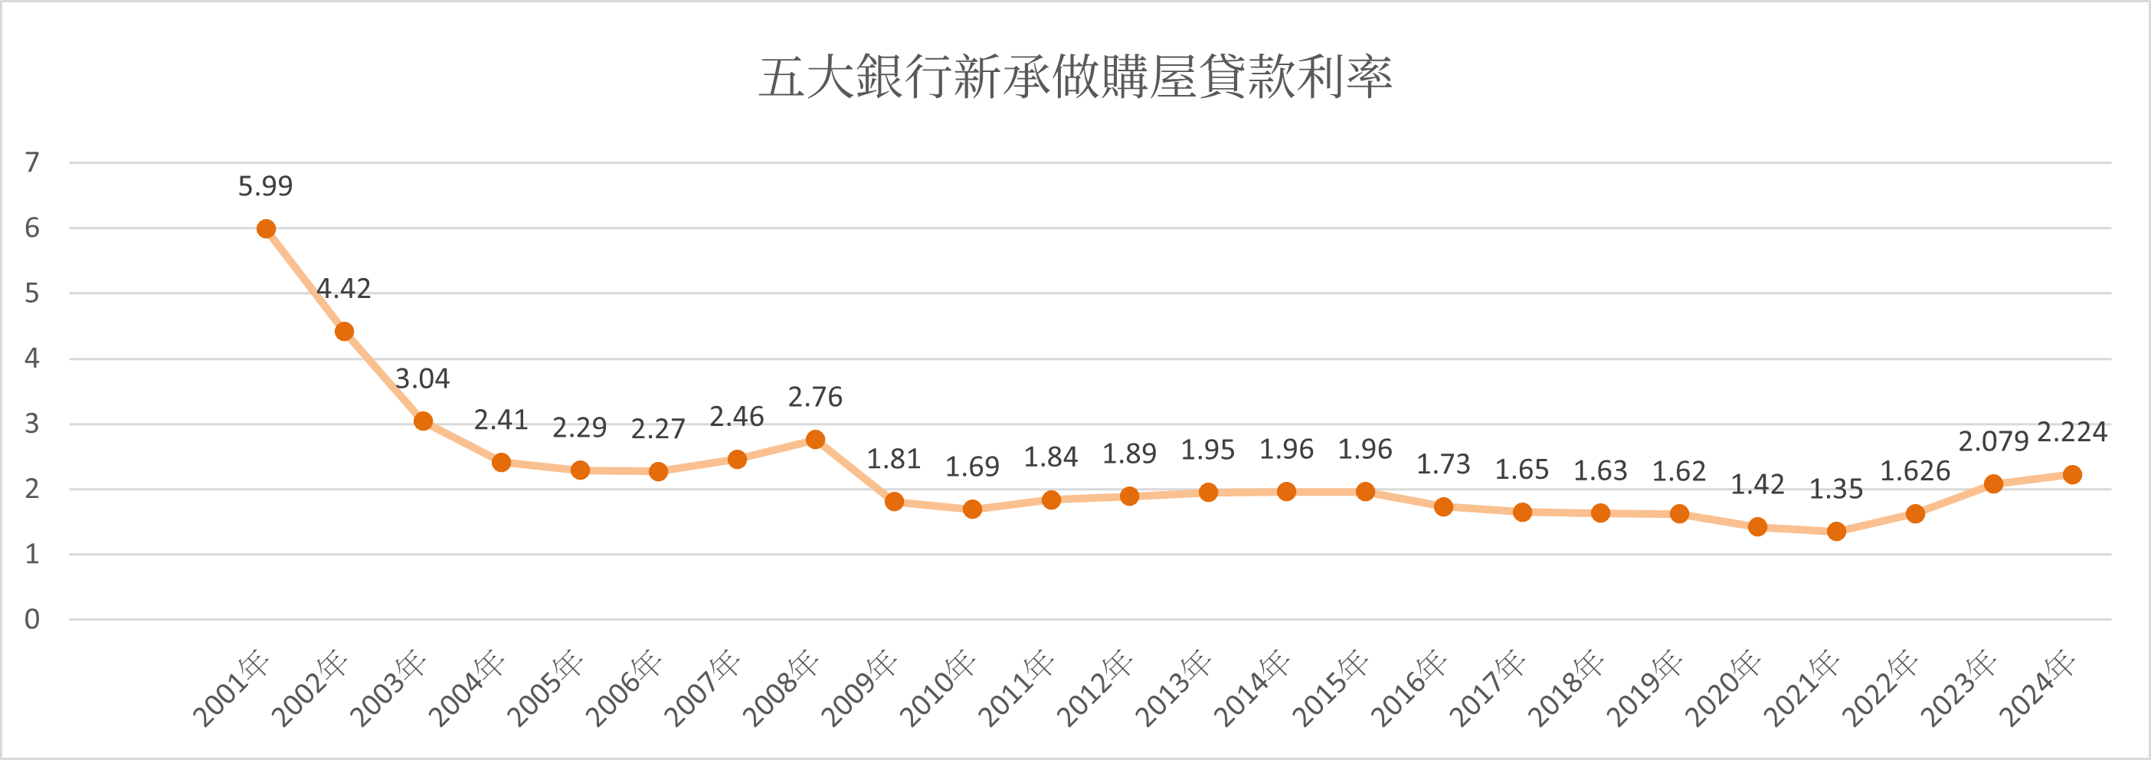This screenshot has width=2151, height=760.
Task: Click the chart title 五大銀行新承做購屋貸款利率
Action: [x=1075, y=77]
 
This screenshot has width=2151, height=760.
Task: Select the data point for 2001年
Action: [x=267, y=229]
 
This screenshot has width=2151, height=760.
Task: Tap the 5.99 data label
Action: [x=266, y=186]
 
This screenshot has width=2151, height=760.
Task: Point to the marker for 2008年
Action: [x=816, y=439]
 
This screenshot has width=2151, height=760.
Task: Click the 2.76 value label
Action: [x=816, y=397]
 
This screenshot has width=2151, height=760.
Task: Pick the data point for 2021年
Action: [x=1836, y=531]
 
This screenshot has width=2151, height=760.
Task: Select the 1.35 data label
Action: [x=1836, y=489]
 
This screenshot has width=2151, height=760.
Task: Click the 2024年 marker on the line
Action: [x=2071, y=474]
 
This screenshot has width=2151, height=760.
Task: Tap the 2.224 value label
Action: [x=2071, y=432]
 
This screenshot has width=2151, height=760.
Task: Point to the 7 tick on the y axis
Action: [x=31, y=162]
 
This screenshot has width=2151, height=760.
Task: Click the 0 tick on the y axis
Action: [x=31, y=619]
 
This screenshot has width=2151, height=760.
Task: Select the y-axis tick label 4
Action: [x=31, y=359]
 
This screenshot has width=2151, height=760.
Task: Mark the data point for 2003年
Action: [x=424, y=421]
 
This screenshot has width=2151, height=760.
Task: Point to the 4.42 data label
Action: [x=343, y=289]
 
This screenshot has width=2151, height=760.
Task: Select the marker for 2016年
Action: [x=1444, y=507]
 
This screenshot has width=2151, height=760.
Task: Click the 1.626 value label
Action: [x=1915, y=471]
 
